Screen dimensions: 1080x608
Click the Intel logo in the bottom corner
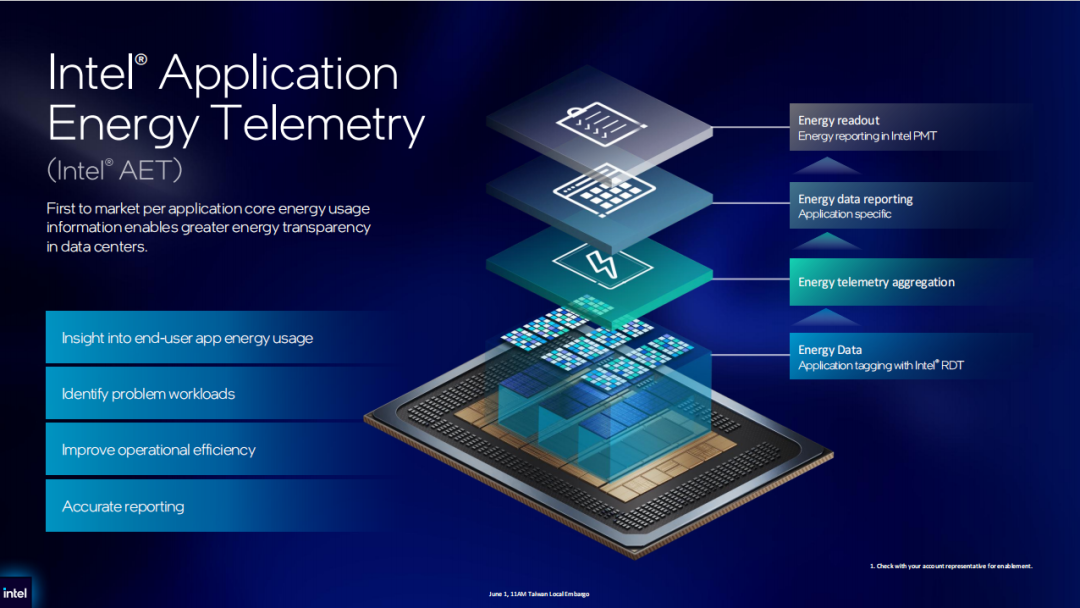pyautogui.click(x=14, y=593)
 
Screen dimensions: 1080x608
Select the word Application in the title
pyautogui.click(x=279, y=74)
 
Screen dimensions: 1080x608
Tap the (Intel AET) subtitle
pyautogui.click(x=114, y=170)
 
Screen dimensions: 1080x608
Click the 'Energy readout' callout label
pyautogui.click(x=838, y=120)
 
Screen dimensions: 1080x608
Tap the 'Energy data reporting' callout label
pyautogui.click(x=855, y=199)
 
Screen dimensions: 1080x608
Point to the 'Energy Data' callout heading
pyautogui.click(x=830, y=350)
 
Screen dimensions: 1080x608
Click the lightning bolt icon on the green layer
pyautogui.click(x=601, y=265)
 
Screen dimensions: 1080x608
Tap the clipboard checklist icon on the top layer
pyautogui.click(x=601, y=124)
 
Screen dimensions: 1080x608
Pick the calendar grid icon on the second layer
pyautogui.click(x=604, y=189)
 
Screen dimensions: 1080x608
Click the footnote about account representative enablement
pyautogui.click(x=951, y=566)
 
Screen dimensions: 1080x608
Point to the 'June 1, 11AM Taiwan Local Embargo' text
pyautogui.click(x=539, y=594)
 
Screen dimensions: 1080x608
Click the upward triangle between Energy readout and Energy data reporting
pyautogui.click(x=827, y=166)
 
